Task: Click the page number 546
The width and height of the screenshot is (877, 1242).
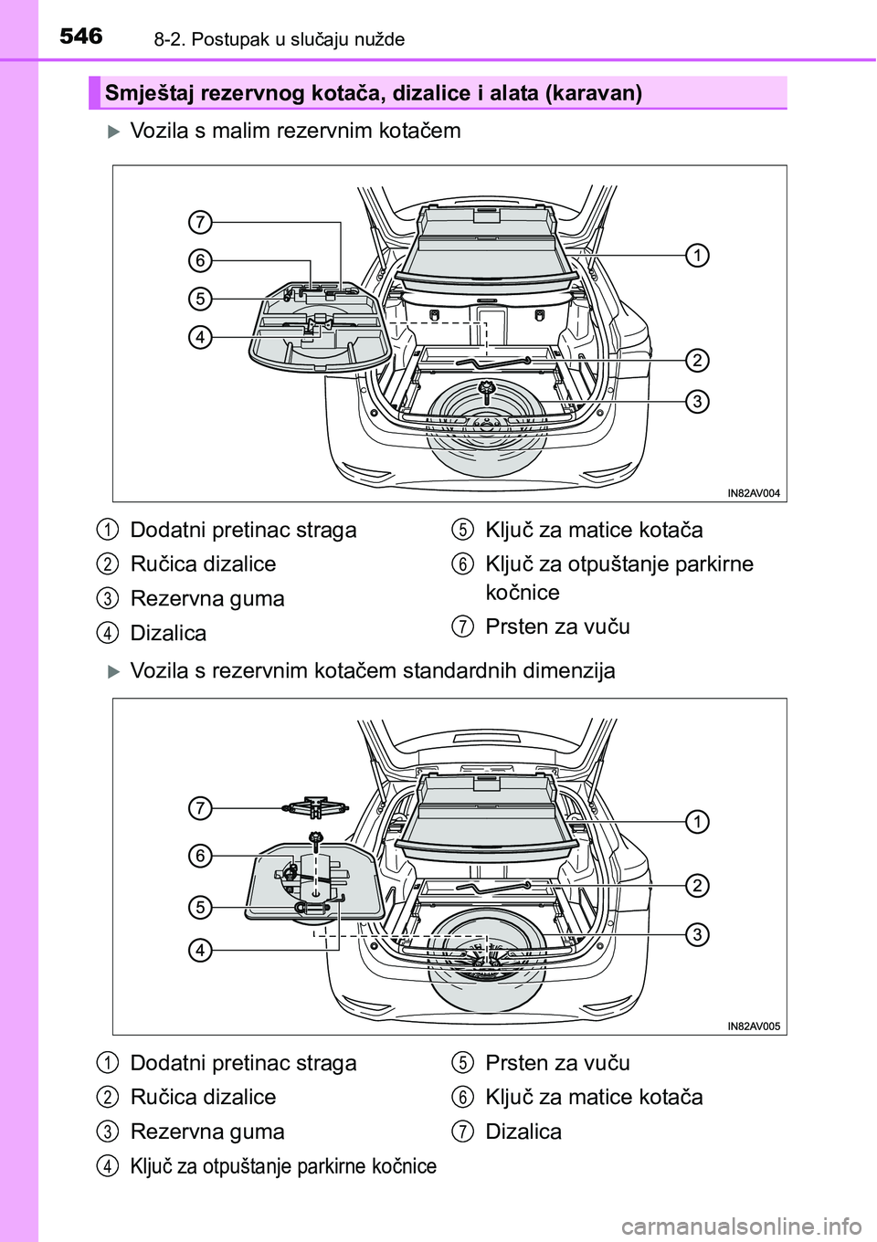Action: tap(81, 37)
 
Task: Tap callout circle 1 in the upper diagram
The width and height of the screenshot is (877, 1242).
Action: tap(696, 255)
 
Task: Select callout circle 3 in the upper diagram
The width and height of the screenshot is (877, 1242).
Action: tap(696, 401)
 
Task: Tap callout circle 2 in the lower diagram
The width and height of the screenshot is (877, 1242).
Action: tap(696, 885)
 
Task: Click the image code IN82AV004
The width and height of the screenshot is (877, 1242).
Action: tap(754, 493)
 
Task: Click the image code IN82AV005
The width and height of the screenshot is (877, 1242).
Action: tap(754, 1026)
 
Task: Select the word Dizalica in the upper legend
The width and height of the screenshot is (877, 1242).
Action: tap(168, 633)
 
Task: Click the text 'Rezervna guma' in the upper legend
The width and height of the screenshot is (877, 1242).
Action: tap(207, 598)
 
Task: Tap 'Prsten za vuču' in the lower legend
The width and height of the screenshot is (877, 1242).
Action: tap(557, 1062)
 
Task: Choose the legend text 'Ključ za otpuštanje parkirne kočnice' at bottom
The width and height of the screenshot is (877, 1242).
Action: tap(283, 1166)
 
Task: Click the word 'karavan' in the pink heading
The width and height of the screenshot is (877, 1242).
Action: tap(594, 93)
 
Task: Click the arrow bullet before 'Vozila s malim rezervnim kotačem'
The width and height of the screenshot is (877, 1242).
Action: tap(114, 131)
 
